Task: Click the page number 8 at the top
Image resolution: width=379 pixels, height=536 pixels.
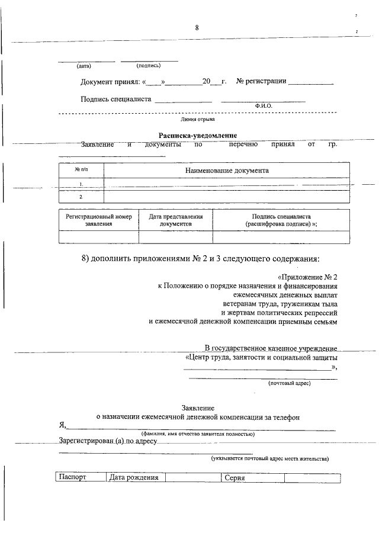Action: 197,28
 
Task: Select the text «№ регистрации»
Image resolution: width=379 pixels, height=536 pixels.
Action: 261,81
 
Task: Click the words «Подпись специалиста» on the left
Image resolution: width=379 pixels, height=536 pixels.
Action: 116,99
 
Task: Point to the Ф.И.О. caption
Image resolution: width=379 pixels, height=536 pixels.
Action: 264,105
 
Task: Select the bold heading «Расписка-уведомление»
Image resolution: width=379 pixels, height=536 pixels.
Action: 197,136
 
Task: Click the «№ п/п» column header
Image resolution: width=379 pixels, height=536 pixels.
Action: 81,171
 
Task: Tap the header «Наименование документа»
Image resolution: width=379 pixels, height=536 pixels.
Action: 227,171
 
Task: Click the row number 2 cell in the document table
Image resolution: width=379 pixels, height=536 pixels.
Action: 81,197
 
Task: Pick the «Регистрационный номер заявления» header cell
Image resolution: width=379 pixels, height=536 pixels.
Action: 98,221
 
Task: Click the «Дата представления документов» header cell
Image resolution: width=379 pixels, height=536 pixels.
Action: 175,221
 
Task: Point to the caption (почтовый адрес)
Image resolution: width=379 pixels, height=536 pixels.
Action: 289,383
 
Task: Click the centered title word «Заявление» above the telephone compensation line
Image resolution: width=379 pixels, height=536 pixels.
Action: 198,408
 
